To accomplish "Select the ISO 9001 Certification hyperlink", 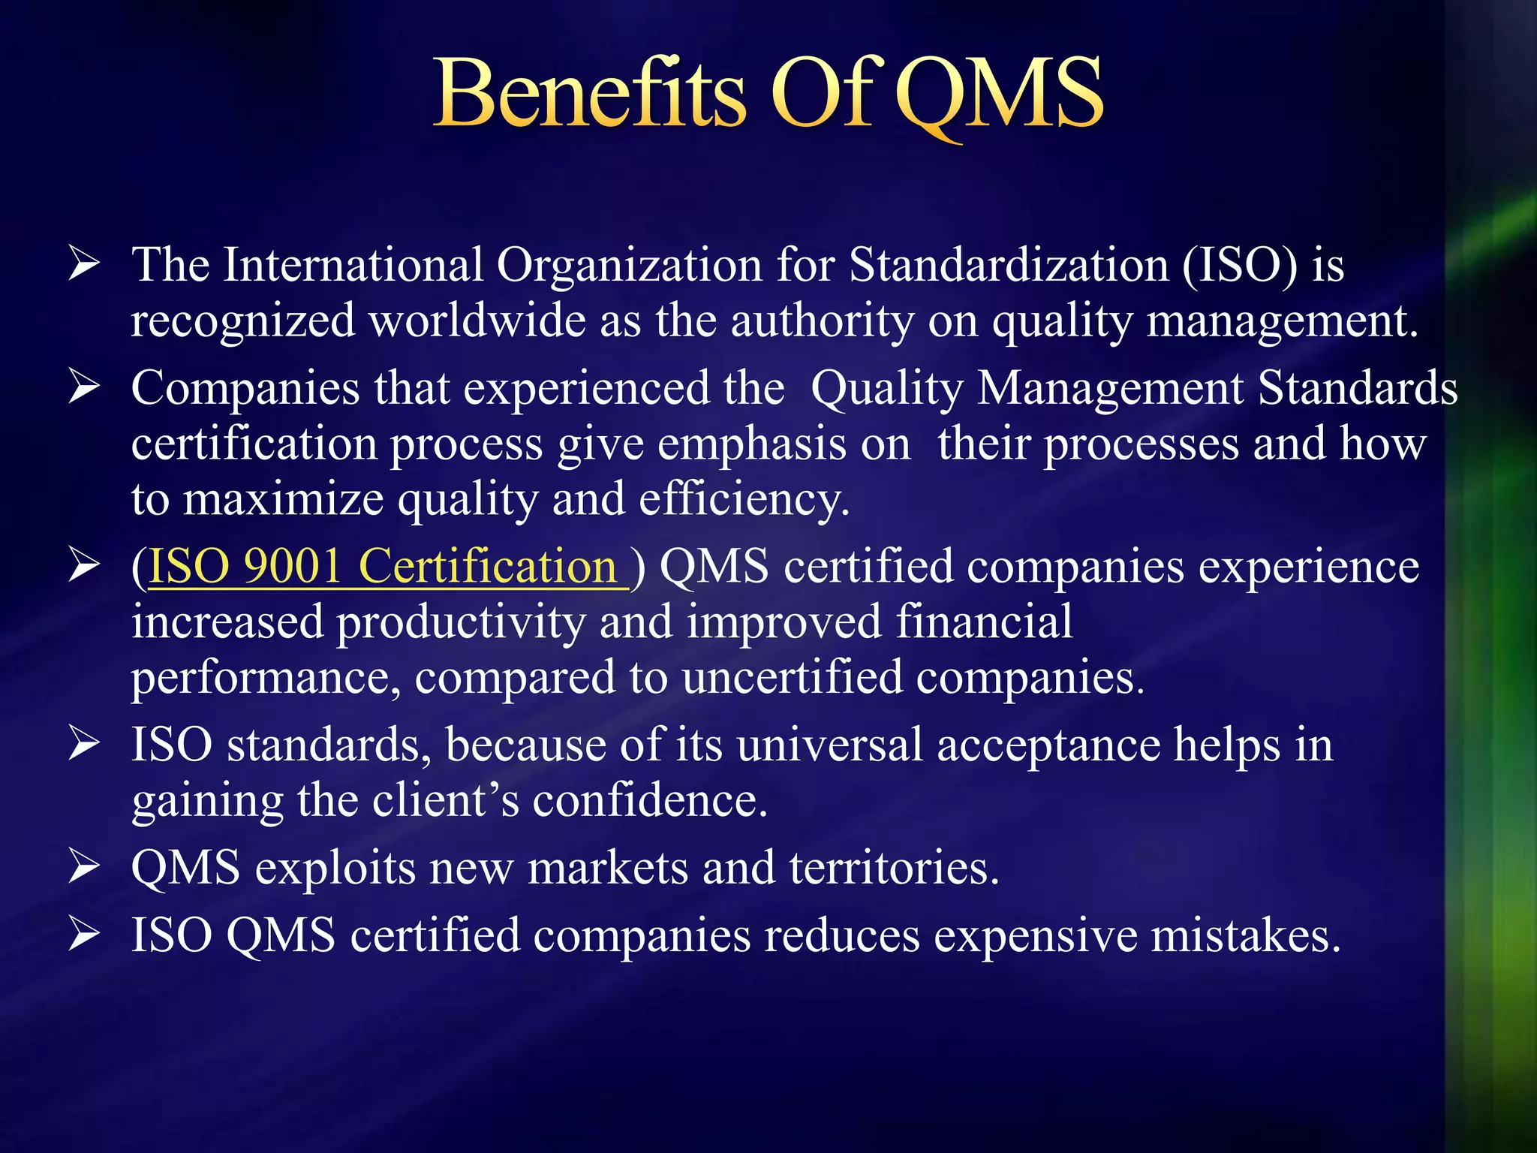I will coord(387,567).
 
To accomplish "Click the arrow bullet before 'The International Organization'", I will coord(83,265).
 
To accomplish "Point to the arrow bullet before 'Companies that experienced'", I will coord(83,388).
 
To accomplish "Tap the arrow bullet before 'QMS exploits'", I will coord(83,868).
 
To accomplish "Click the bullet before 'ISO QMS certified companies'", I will coord(83,935).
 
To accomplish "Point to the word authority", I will coord(822,321).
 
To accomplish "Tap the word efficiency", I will coord(744,500).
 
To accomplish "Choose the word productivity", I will coord(459,623).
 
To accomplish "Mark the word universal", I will coord(829,745).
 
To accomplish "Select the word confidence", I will coord(650,801).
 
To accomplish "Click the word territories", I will coord(894,868).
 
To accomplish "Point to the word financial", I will coord(984,622).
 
